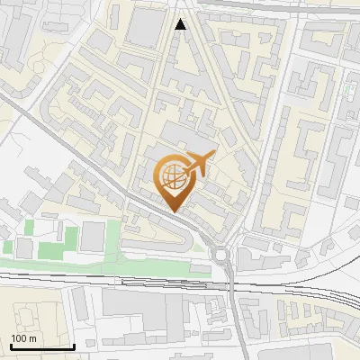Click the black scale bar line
pyautogui.click(x=42, y=346)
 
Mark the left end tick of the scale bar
pyautogui.click(x=11, y=344)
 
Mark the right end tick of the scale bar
pyautogui.click(x=74, y=344)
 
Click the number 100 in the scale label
pyautogui.click(x=20, y=338)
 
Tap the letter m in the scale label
pyautogui.click(x=33, y=338)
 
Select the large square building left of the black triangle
pyautogui.click(x=145, y=30)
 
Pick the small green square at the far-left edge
pyautogui.click(x=6, y=246)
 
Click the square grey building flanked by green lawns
pyautogui.click(x=93, y=237)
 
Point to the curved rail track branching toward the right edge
pyautogui.click(x=333, y=261)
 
